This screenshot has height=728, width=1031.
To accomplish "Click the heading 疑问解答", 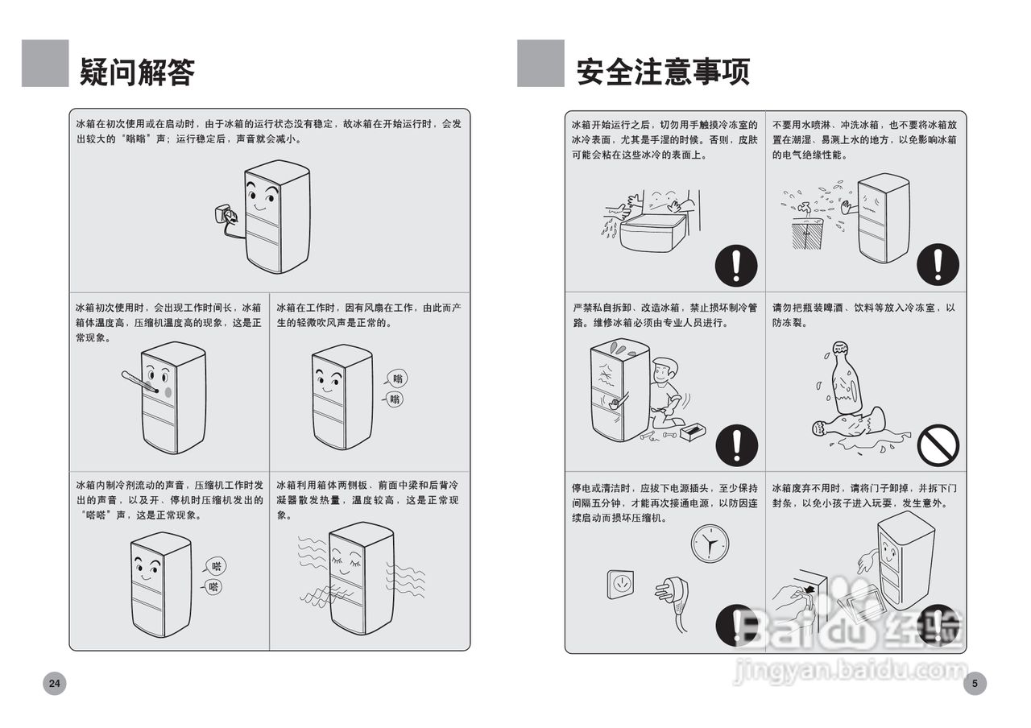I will coord(137,72).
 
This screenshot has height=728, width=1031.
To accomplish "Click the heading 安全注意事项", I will coord(662,72).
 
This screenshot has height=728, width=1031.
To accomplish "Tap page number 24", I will coord(54,684).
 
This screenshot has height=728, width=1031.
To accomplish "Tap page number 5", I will coord(975,684).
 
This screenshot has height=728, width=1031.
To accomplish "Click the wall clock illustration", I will coord(710,545).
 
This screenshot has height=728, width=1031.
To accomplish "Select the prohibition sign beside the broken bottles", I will coord(938,445).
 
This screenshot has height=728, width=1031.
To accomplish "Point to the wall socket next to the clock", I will coord(620,585).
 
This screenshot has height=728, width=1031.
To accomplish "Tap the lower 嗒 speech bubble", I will coord(213,587).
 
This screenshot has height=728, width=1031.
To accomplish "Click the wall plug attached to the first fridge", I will coord(220,216).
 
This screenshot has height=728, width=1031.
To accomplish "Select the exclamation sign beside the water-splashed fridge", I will coord(938,264).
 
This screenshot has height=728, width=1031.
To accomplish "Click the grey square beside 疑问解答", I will coord(45,64).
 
